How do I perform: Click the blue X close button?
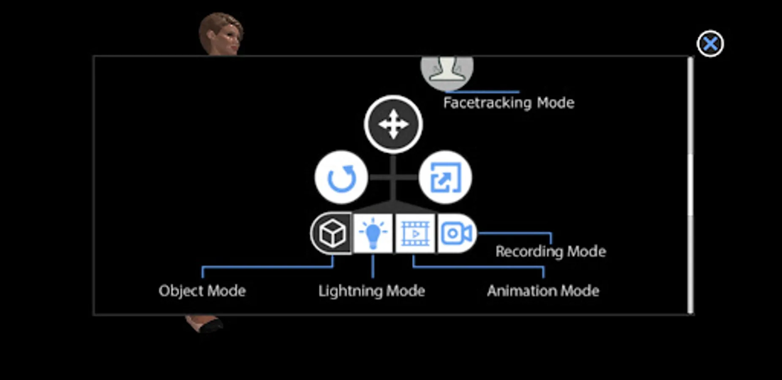pyautogui.click(x=710, y=43)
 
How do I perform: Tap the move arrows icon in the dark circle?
pyautogui.click(x=393, y=124)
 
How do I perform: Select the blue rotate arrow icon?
pyautogui.click(x=341, y=178)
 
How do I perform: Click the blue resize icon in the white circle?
pyautogui.click(x=445, y=178)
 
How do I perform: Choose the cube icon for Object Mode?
pyautogui.click(x=332, y=233)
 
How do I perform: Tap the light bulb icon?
pyautogui.click(x=373, y=233)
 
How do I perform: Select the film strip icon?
pyautogui.click(x=415, y=233)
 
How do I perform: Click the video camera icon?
pyautogui.click(x=456, y=233)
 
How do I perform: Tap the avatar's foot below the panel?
pyautogui.click(x=205, y=324)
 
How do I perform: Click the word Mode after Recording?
pyautogui.click(x=586, y=252)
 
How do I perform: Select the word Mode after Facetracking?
pyautogui.click(x=556, y=103)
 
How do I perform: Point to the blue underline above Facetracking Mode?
pyautogui.click(x=482, y=92)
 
